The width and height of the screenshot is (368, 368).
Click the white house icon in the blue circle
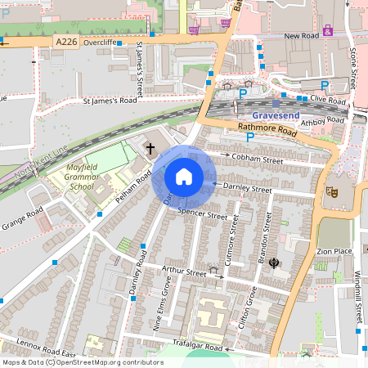183,177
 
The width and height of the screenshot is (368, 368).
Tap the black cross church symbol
150,149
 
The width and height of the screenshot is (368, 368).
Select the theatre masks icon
332,191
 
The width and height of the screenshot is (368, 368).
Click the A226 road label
67,42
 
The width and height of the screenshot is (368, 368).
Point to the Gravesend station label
277,114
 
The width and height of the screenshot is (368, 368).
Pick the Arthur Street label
185,272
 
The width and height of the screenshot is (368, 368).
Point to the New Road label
300,37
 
